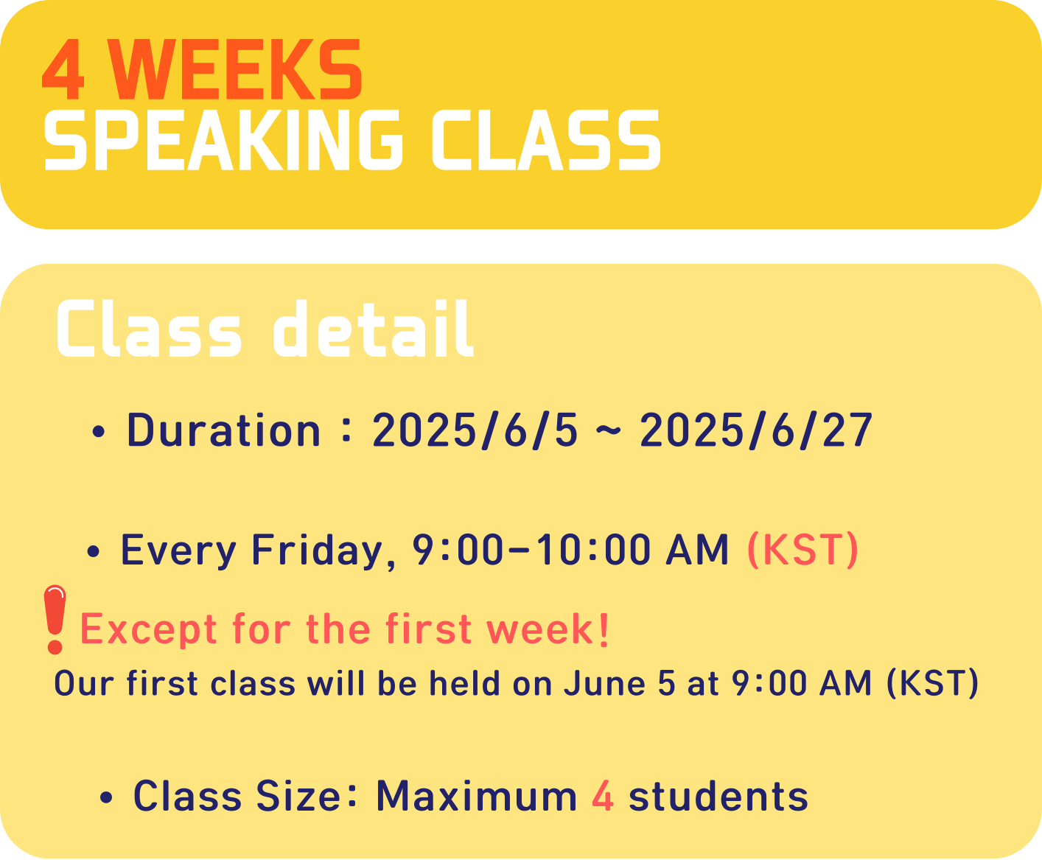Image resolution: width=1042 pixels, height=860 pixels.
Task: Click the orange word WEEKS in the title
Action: [236, 69]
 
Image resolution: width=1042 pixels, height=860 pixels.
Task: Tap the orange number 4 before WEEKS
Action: [63, 69]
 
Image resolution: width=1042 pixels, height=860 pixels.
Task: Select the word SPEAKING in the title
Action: [223, 140]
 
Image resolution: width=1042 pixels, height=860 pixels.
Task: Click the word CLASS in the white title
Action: [546, 140]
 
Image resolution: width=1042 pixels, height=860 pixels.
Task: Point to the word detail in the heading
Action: [373, 329]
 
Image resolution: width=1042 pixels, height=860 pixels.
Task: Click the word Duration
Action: [223, 430]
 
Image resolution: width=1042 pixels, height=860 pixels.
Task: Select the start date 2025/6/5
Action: [475, 430]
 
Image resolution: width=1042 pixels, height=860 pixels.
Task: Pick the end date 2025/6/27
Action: [756, 430]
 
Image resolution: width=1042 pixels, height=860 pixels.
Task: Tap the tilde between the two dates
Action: [609, 430]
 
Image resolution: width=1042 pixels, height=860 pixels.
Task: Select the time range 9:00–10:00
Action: [531, 550]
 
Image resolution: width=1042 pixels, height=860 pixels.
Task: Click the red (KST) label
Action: [803, 550]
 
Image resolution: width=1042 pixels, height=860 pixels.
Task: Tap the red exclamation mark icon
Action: [55, 620]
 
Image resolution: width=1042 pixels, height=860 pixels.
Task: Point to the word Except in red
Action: [148, 630]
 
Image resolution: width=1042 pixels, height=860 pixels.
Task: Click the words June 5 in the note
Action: [620, 683]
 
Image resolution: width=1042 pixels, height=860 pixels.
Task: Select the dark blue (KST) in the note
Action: [932, 683]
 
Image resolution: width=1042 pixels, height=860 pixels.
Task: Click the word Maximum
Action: [477, 797]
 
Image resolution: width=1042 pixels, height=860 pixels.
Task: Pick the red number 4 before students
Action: [603, 797]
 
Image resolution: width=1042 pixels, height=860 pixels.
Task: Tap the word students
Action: [718, 797]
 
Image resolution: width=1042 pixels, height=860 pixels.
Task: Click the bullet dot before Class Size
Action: [106, 797]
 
